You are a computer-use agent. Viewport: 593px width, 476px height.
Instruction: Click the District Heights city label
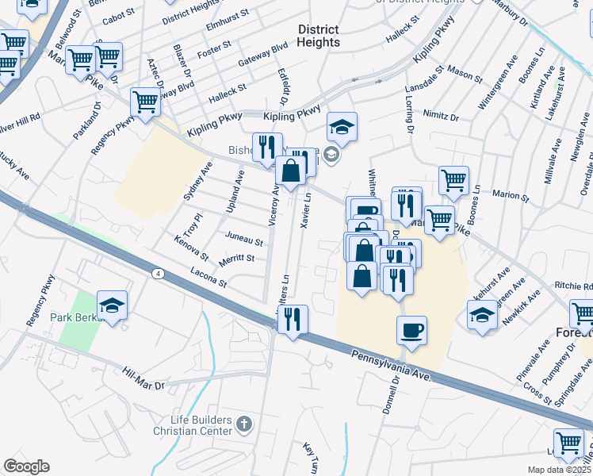319,36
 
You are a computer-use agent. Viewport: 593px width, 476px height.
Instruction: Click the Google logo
25,466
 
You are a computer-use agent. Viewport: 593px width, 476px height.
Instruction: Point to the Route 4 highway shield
159,273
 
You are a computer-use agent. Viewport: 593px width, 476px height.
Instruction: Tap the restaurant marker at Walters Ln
292,320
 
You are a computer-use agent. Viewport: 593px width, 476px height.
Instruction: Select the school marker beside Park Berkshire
113,305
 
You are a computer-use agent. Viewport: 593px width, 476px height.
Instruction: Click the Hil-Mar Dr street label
143,378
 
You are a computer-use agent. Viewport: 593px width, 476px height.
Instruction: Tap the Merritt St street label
237,258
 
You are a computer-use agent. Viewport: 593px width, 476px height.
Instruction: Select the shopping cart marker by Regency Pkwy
145,102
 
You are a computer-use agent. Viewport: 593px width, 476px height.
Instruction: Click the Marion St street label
510,195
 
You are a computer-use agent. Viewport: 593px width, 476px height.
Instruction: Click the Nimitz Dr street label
441,115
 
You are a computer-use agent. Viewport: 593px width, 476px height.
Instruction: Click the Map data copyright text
560,470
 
